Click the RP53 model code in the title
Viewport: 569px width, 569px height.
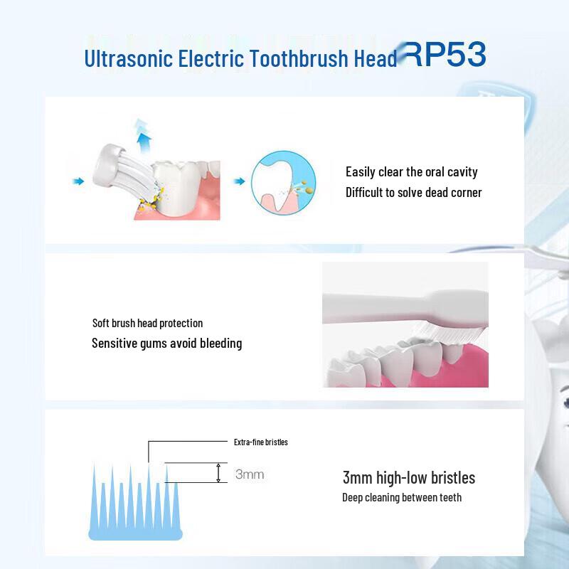(446, 55)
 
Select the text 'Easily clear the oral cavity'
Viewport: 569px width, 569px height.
(411, 172)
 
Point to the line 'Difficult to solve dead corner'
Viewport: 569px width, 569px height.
(413, 193)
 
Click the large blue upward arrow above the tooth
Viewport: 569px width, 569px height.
(144, 134)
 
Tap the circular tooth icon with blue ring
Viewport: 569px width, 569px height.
(283, 183)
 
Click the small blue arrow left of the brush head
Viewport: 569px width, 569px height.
(79, 182)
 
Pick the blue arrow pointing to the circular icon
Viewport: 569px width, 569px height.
(240, 181)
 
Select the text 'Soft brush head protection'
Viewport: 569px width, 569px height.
(147, 324)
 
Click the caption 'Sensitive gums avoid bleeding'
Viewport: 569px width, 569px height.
(166, 344)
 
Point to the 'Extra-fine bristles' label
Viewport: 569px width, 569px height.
(260, 442)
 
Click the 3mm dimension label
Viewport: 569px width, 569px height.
(249, 474)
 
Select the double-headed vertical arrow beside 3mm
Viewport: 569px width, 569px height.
(219, 473)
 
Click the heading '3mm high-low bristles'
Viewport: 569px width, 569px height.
(408, 478)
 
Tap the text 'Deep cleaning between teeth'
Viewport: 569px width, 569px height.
(401, 498)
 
